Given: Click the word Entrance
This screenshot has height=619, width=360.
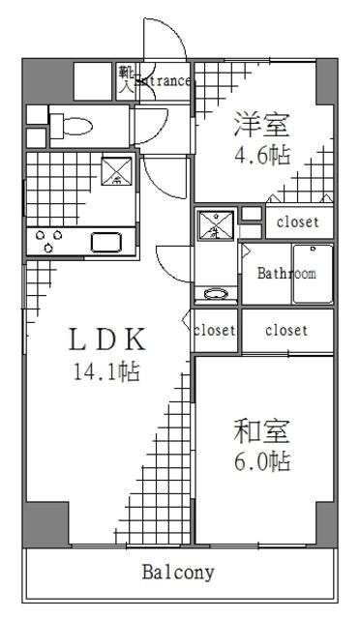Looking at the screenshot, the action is click(x=164, y=82).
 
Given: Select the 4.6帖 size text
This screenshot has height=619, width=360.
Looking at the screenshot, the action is click(x=261, y=154).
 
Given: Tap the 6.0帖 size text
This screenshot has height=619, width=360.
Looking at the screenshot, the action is click(x=261, y=460).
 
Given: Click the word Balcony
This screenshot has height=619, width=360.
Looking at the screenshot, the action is click(x=178, y=572).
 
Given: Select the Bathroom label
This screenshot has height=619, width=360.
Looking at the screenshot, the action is click(x=286, y=274).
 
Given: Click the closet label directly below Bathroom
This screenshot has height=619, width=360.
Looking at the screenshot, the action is click(x=286, y=331).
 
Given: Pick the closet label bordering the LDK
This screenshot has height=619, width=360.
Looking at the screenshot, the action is click(x=215, y=331).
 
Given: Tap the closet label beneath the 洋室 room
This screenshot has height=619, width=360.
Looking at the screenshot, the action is click(x=296, y=222).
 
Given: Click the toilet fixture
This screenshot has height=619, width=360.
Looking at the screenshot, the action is click(x=73, y=124).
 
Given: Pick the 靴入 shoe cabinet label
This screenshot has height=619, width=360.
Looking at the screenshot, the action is click(x=125, y=77).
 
